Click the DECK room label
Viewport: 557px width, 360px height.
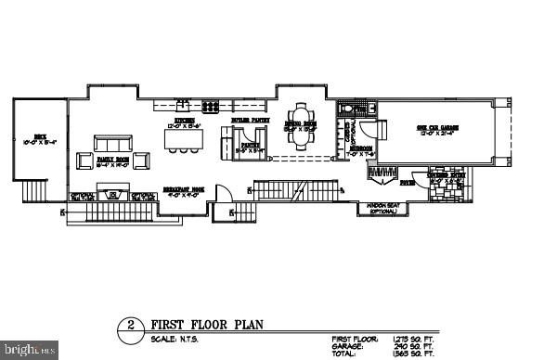[x=41, y=139]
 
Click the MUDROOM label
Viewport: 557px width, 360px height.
[x=360, y=150]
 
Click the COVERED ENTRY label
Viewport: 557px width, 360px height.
[x=447, y=174]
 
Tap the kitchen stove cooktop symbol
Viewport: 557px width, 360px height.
[x=212, y=105]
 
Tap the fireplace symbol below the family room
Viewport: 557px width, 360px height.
[x=115, y=195]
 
